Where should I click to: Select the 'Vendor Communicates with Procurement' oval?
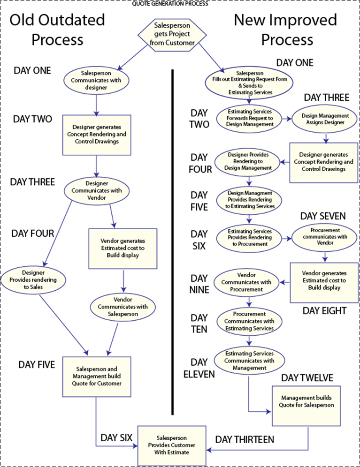tap(249, 282)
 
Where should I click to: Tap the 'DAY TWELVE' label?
tap(307, 378)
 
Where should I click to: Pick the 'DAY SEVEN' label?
tap(323, 216)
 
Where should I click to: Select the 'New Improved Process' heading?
tap(285, 30)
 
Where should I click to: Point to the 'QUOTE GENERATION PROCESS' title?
tap(180, 3)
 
